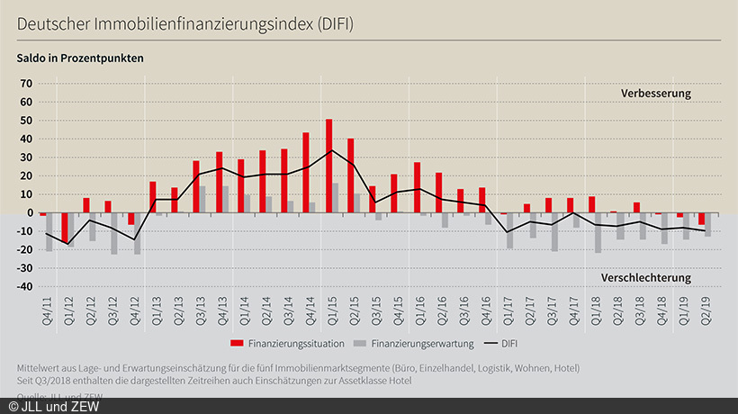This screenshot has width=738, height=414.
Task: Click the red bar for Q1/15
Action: click(x=329, y=166)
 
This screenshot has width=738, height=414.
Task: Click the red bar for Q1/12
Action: click(x=65, y=228)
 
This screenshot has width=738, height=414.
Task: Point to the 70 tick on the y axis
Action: click(x=25, y=84)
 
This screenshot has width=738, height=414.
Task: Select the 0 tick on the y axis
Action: click(x=29, y=212)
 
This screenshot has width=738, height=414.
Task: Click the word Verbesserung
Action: click(x=655, y=94)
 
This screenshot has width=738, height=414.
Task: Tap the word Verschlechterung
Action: click(x=646, y=277)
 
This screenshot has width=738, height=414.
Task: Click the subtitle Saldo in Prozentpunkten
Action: click(x=80, y=58)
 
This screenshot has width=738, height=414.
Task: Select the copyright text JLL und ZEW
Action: click(x=54, y=406)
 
